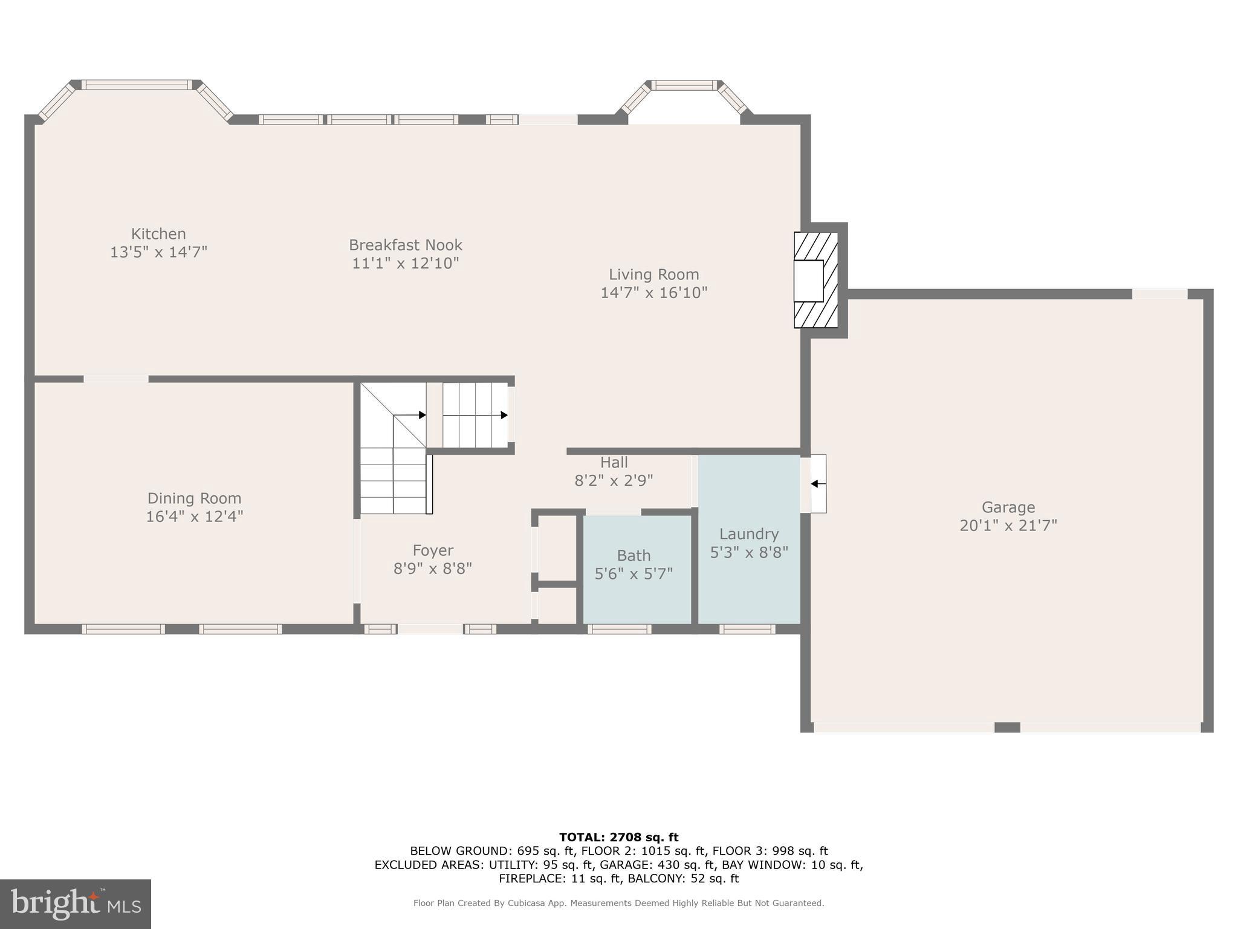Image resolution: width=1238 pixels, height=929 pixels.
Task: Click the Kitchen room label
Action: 158,234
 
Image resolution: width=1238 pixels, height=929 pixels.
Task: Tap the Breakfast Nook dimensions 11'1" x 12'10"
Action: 406,263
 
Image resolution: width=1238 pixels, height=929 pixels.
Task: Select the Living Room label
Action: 653,275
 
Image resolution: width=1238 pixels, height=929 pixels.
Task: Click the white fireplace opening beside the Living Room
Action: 808,281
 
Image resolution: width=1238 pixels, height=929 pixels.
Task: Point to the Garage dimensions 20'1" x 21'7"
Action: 1008,525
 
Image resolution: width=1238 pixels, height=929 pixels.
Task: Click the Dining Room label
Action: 194,498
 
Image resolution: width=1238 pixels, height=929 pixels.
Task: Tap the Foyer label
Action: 433,550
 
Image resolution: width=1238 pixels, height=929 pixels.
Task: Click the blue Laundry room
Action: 750,581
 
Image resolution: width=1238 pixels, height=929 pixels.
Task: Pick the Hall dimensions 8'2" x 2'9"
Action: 614,481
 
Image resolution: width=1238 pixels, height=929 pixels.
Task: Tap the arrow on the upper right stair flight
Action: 503,415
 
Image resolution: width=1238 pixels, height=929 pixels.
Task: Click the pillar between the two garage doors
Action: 1007,727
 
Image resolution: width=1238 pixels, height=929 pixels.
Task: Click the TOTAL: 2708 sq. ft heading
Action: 618,837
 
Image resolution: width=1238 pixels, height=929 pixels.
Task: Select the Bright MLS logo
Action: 76,904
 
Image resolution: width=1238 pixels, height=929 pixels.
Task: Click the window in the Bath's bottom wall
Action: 619,629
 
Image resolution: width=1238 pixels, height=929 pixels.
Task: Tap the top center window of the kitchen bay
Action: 136,85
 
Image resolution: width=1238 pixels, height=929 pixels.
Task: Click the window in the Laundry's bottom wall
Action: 747,629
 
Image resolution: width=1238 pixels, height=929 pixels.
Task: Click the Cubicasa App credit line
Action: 618,903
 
